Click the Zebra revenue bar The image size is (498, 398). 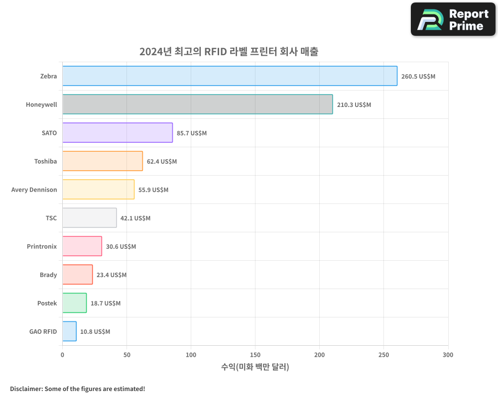[230, 76]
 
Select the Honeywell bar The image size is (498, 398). [197, 104]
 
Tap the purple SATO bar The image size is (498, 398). [118, 133]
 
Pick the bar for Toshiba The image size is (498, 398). [103, 161]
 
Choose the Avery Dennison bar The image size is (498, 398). [98, 190]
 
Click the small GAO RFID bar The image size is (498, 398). [69, 331]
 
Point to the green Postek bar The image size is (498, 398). [74, 303]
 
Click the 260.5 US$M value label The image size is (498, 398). [418, 77]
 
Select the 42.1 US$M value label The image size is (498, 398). [135, 218]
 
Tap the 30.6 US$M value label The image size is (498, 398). [121, 247]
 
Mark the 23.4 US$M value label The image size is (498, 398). [112, 275]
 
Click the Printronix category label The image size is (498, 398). [42, 246]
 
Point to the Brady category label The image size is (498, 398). [48, 275]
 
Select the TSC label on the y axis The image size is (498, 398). [51, 218]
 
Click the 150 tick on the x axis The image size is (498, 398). [255, 355]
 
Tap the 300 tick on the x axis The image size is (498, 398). [448, 355]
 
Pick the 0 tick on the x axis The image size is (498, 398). [62, 355]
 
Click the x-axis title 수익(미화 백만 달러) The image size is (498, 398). [255, 367]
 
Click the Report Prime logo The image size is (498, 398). [453, 19]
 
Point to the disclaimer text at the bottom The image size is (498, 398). [78, 389]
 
